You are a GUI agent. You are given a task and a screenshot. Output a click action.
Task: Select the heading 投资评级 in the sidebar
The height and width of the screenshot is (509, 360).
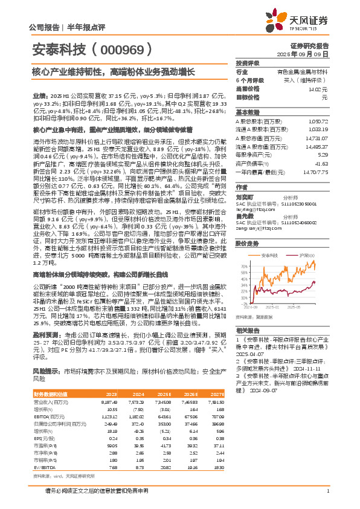tap(247, 63)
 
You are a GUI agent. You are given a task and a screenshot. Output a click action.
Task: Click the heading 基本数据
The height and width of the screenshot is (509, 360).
tap(247, 112)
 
